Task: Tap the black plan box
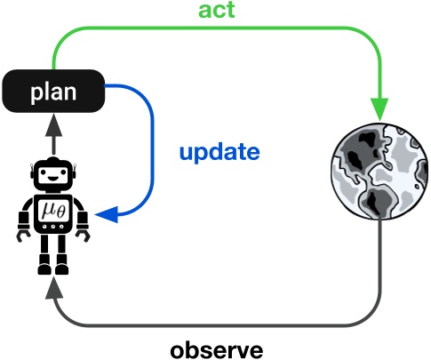(x=52, y=92)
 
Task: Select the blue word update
(x=219, y=152)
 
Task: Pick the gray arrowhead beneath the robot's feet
(x=52, y=284)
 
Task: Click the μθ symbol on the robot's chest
(x=52, y=211)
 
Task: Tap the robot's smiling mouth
(x=52, y=179)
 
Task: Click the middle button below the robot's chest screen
(x=52, y=228)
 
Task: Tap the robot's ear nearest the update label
(x=76, y=172)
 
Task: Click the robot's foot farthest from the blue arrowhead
(x=42, y=266)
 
